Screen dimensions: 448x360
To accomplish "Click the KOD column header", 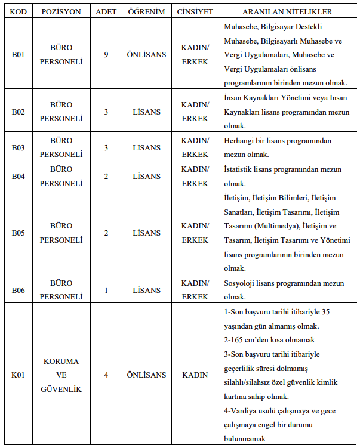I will (x=18, y=12).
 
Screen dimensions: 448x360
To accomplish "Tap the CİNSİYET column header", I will (x=195, y=12).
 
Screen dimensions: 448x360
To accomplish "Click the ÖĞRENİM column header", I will (x=146, y=12).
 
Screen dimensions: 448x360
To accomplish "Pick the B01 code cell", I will (x=18, y=54).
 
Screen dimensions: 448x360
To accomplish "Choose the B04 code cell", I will (x=18, y=177).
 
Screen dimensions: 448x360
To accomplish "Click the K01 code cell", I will (x=18, y=375).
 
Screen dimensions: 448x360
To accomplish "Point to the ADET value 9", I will (x=106, y=54).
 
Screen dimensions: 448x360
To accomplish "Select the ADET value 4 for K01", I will (x=106, y=375).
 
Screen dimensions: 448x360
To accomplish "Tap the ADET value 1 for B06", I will (x=106, y=291).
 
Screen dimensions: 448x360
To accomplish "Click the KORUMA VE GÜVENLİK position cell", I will (x=61, y=375).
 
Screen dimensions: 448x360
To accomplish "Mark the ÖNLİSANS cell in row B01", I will (x=146, y=54).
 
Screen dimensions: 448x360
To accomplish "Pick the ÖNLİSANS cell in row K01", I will (x=146, y=375).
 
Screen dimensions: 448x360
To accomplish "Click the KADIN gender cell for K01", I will (x=195, y=375).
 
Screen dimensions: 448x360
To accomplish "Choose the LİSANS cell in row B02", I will (x=146, y=112).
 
